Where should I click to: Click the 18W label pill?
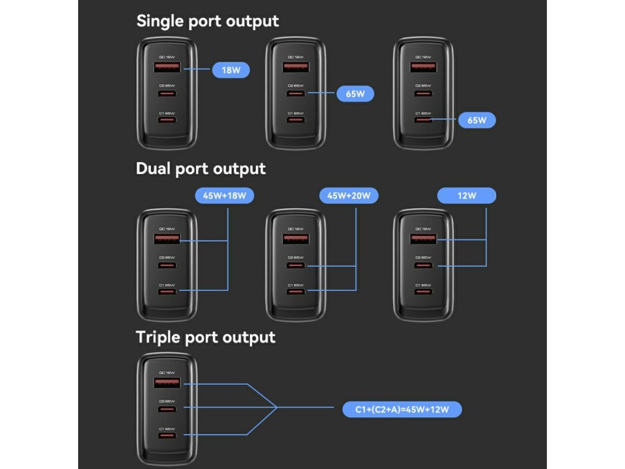[x=231, y=70]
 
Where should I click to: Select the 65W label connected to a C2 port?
[x=355, y=94]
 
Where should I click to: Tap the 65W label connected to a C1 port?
[x=477, y=120]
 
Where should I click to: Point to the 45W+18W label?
[x=225, y=195]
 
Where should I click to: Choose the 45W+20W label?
[x=349, y=195]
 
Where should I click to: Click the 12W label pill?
[x=467, y=195]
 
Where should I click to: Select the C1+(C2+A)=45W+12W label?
[x=402, y=409]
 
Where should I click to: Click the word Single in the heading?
[x=160, y=21]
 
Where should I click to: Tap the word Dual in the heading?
[x=153, y=169]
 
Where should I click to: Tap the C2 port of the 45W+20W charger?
[x=295, y=265]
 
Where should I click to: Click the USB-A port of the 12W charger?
[x=423, y=239]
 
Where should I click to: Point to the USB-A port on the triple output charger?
[x=167, y=384]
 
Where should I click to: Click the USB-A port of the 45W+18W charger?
[x=167, y=239]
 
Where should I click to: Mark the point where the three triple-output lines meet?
[x=276, y=407]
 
